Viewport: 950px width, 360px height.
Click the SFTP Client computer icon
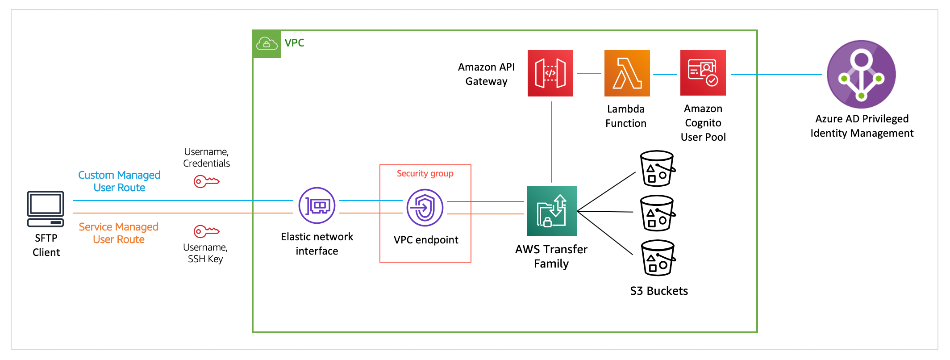tap(46, 209)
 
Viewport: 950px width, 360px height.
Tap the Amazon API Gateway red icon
tap(550, 73)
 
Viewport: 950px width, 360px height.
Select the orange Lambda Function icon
tap(627, 73)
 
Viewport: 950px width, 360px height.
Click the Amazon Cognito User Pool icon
tap(703, 73)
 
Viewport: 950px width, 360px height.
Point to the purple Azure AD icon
tap(861, 74)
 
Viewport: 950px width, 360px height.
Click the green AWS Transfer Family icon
tap(551, 211)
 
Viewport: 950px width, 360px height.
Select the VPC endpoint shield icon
tap(425, 208)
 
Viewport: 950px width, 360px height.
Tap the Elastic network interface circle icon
tap(317, 205)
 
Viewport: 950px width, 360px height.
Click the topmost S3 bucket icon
tap(657, 168)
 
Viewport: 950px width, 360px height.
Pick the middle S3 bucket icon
tap(657, 213)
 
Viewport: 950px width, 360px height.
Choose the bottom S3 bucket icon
tap(658, 258)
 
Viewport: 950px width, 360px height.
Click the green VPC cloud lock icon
tap(267, 44)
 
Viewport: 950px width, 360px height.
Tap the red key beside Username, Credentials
tap(206, 181)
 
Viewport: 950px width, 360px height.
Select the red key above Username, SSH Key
tap(206, 231)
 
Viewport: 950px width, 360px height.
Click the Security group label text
tap(425, 173)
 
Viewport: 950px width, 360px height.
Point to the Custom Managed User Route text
tap(119, 181)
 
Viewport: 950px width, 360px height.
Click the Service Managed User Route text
tap(119, 233)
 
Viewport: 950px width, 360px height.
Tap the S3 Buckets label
tap(658, 291)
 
